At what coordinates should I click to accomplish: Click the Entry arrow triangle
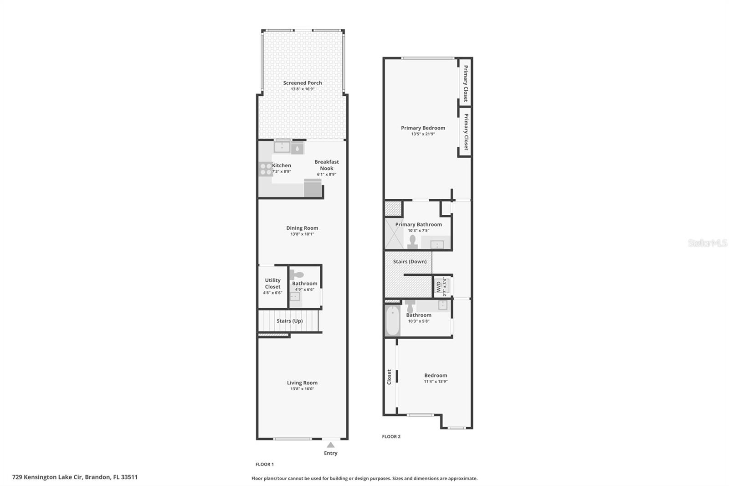(331, 445)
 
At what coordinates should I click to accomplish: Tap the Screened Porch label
(303, 83)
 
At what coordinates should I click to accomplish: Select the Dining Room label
(302, 228)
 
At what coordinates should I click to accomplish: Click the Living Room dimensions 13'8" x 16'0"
(302, 389)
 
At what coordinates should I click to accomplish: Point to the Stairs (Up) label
(290, 321)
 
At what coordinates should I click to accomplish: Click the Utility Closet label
(273, 284)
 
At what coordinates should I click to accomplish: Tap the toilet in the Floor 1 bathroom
(298, 275)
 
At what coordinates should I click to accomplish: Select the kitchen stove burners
(265, 169)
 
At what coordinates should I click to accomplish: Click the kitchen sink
(282, 147)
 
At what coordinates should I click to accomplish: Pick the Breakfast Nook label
(327, 165)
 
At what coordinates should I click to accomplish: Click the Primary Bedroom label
(423, 128)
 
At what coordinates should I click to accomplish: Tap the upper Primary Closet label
(465, 83)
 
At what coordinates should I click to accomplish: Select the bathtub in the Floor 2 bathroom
(392, 321)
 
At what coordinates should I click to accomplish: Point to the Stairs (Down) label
(410, 262)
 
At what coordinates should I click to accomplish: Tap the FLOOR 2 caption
(391, 436)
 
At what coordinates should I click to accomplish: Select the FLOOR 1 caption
(265, 464)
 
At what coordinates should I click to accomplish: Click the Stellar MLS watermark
(707, 243)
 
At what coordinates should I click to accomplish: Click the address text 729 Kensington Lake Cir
(47, 477)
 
